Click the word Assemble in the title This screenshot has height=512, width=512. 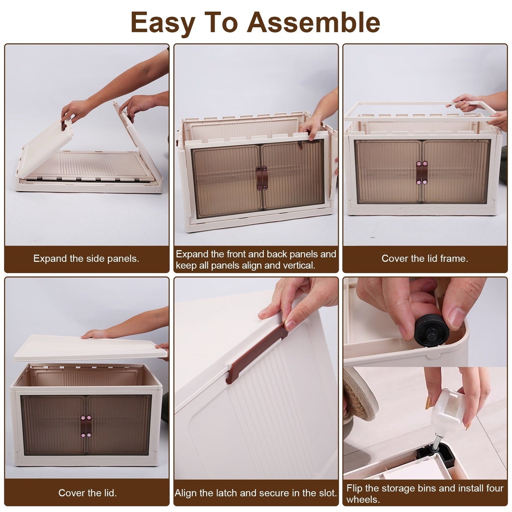point(314,22)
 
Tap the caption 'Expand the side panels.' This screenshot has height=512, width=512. point(86,259)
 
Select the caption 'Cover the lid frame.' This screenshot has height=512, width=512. point(424,259)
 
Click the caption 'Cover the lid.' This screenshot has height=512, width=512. point(87,493)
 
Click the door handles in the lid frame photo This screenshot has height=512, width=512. point(422,173)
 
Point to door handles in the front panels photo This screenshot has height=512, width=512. point(261,178)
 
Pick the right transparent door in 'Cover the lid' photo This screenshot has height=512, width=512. point(119,425)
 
